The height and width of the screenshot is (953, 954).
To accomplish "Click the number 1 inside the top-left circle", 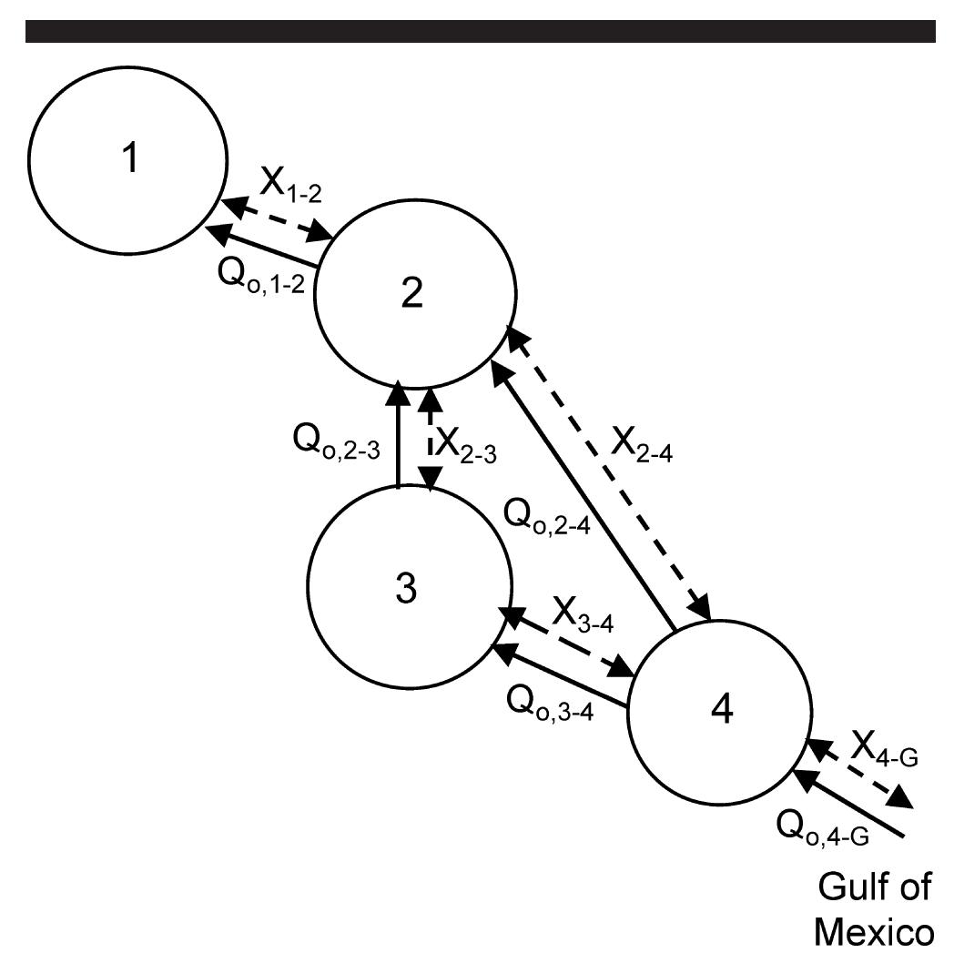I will tap(131, 159).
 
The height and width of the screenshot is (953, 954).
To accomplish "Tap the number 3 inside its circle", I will tap(407, 589).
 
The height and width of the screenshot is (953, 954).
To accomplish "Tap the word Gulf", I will tap(851, 886).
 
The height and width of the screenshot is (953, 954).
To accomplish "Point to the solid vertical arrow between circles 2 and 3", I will tap(398, 437).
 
